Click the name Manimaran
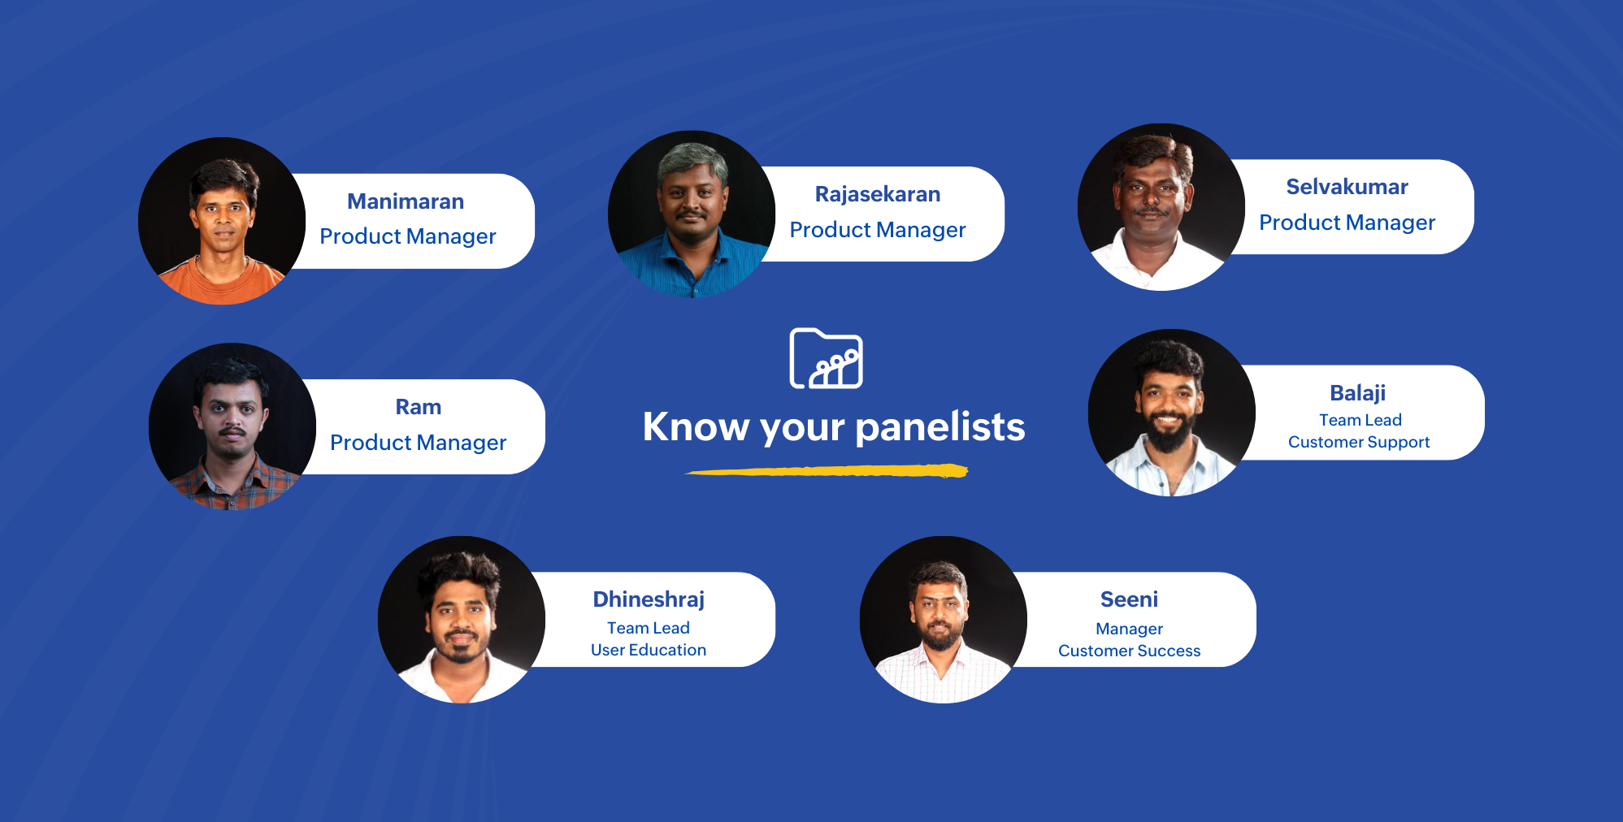[x=406, y=201]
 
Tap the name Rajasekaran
[x=878, y=194]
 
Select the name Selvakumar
[x=1347, y=187]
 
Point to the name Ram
[x=418, y=407]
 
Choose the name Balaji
[x=1357, y=393]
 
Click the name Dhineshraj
[x=649, y=599]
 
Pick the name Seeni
[x=1129, y=599]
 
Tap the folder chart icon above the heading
[x=826, y=358]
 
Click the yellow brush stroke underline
[x=827, y=470]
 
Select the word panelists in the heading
[x=940, y=426]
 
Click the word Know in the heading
[x=696, y=426]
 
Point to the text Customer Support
[x=1359, y=442]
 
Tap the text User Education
[x=649, y=650]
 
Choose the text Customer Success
[x=1129, y=651]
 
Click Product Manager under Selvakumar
[x=1347, y=223]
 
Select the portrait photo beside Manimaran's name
[x=222, y=221]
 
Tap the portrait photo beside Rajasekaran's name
[x=692, y=214]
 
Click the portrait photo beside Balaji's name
[x=1172, y=413]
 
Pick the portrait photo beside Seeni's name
[x=944, y=620]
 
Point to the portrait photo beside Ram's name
[x=232, y=426]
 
